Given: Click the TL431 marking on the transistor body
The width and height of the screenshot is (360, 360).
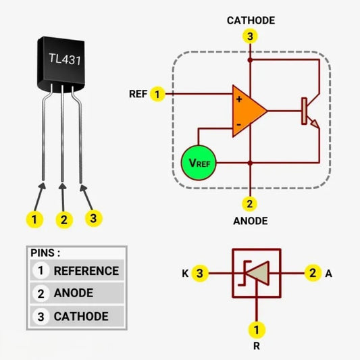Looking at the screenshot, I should pyautogui.click(x=65, y=59).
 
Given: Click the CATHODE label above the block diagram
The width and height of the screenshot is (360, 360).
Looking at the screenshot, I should pyautogui.click(x=251, y=20).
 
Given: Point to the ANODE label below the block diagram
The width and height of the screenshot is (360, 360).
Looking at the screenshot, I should pyautogui.click(x=251, y=221).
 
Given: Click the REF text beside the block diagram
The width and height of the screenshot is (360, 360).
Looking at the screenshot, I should pyautogui.click(x=138, y=94).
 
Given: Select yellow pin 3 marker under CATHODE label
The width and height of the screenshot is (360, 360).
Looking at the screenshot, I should pyautogui.click(x=251, y=37).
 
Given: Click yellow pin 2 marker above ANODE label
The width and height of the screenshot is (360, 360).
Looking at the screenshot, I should pyautogui.click(x=251, y=203).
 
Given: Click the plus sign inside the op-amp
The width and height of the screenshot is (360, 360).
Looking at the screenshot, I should pyautogui.click(x=238, y=99).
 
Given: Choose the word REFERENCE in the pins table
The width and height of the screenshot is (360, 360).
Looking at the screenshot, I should pyautogui.click(x=86, y=271).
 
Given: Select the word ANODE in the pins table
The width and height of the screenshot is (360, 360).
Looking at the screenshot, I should pyautogui.click(x=74, y=293).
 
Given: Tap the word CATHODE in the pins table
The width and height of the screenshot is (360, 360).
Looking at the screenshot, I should pyautogui.click(x=81, y=316).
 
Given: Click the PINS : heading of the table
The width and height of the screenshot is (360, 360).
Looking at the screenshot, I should pyautogui.click(x=45, y=253).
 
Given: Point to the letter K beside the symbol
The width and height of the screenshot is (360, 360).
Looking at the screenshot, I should pyautogui.click(x=184, y=274).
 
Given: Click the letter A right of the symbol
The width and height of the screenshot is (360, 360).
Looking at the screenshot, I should pyautogui.click(x=329, y=274).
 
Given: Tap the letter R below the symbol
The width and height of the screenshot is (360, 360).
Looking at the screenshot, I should pyautogui.click(x=256, y=347).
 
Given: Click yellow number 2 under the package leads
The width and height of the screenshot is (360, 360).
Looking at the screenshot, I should pyautogui.click(x=64, y=220).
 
